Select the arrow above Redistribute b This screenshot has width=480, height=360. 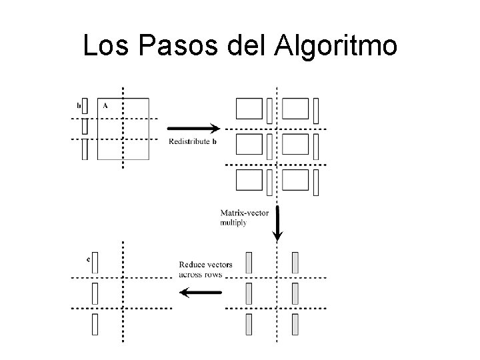click(193, 128)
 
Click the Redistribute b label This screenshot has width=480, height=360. click(193, 141)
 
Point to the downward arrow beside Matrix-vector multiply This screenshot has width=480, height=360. click(277, 223)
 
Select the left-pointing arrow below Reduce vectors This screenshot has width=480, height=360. click(201, 291)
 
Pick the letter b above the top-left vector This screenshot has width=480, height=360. click(79, 105)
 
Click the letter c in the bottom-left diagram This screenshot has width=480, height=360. click(88, 259)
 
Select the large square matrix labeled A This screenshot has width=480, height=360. click(123, 129)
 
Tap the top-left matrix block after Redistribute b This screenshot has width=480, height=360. click(249, 108)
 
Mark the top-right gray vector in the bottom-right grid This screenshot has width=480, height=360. click(295, 262)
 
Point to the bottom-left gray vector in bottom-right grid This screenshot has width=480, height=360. click(249, 324)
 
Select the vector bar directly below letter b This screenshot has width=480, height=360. click(85, 125)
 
